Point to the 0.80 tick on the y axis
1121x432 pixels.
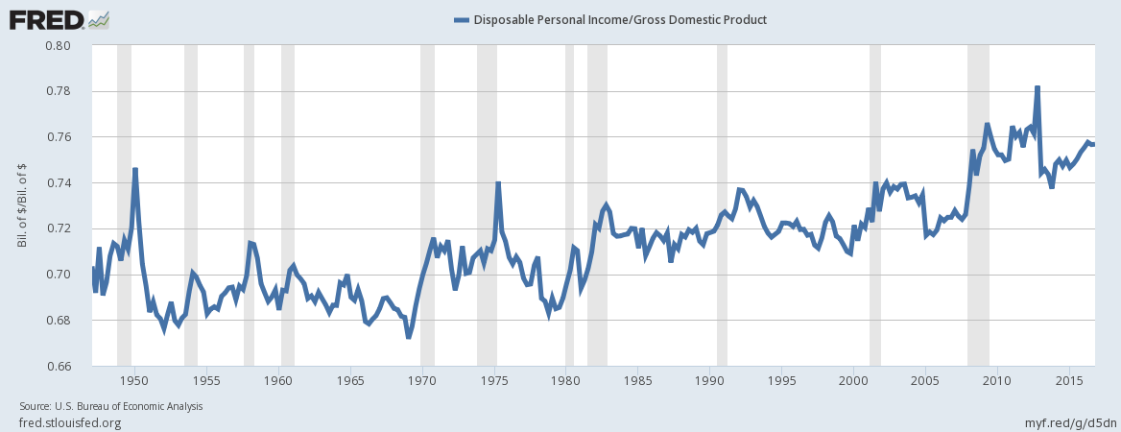pos(59,45)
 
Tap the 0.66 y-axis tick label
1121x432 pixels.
pos(59,366)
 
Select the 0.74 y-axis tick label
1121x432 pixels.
pos(59,182)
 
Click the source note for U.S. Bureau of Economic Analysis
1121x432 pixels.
pos(110,406)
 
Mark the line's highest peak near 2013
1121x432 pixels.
pos(1038,87)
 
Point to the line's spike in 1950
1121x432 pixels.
pos(135,169)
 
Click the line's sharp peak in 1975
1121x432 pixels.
pos(498,182)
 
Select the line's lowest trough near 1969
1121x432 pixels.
pos(409,337)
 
